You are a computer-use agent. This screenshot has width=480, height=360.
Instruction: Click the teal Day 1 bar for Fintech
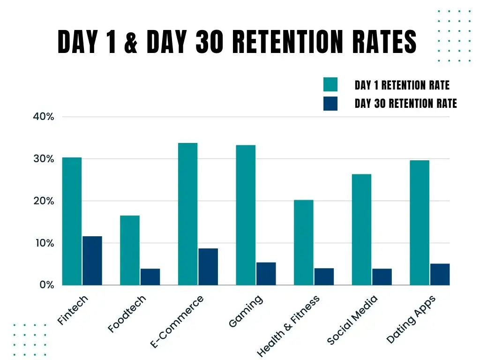coord(72,221)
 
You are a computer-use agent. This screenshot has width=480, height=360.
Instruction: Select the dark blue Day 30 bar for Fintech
coord(92,261)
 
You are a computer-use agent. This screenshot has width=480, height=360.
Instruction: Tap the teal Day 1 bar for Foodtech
coord(130,250)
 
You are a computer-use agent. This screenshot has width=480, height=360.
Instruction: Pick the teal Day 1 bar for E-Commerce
coord(187,214)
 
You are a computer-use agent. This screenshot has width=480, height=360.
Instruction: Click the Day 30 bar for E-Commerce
coord(208,267)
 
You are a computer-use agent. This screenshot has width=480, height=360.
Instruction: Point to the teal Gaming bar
coord(246,215)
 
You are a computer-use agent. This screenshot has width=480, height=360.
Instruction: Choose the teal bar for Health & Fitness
coord(304,242)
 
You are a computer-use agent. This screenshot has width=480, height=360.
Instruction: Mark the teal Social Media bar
coord(361,230)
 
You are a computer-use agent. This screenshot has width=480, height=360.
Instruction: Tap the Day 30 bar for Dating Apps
coord(440,274)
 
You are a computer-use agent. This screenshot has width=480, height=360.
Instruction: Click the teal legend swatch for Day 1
coord(330,85)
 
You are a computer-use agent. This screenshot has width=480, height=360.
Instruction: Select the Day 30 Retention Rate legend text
coord(405,104)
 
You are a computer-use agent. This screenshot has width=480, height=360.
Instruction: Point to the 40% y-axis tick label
coord(44,117)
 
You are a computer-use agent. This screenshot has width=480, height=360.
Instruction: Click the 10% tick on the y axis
coord(44,243)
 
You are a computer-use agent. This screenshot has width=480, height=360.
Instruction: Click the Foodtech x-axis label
coord(127,314)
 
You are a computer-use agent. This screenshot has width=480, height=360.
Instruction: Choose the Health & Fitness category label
coord(288,326)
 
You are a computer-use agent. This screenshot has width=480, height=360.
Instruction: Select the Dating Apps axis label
coord(411,319)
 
